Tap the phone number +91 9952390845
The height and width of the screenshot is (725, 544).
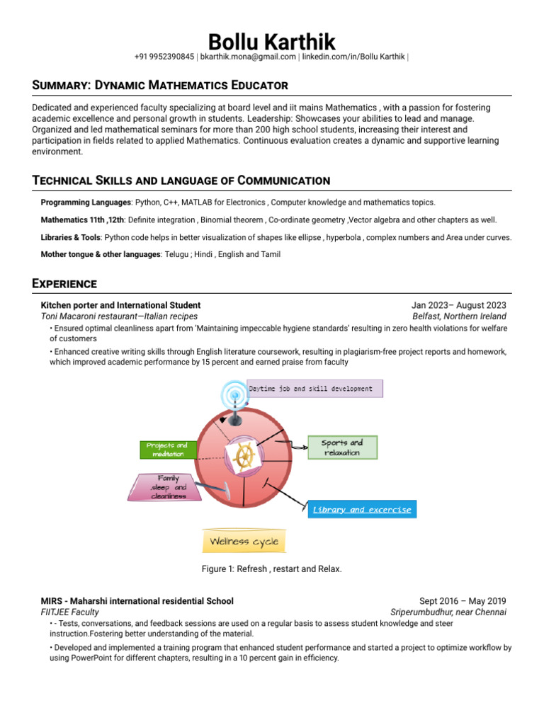[164, 57]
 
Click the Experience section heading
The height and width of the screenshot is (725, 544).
[64, 283]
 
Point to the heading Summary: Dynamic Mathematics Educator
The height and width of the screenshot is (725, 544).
[160, 85]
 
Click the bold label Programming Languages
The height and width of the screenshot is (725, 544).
[86, 202]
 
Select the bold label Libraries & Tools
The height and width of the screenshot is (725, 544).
[71, 237]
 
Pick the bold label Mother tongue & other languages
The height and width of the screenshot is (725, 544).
[101, 254]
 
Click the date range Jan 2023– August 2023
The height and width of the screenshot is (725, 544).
[459, 305]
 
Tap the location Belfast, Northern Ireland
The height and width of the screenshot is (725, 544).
[459, 316]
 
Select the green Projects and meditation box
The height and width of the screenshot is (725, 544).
[166, 450]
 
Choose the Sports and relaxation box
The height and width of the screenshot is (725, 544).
[343, 447]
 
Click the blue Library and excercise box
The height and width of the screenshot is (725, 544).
[361, 509]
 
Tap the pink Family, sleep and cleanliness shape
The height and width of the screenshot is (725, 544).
[169, 487]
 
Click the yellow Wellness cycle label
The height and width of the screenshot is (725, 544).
[244, 542]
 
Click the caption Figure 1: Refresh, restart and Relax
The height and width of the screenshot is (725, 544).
[272, 569]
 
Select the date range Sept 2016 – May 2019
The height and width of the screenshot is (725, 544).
[463, 601]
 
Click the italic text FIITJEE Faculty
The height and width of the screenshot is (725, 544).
[70, 612]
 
